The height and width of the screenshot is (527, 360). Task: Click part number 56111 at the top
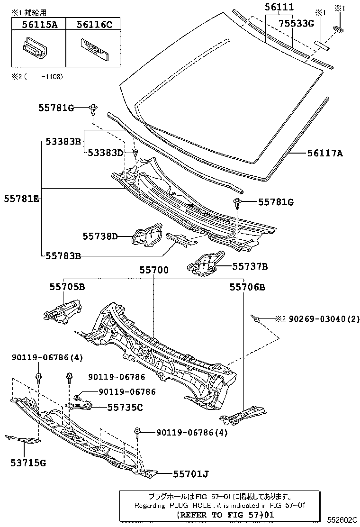(x=279, y=7)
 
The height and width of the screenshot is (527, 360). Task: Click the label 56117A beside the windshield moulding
(x=325, y=153)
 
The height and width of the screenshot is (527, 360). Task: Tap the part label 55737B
(x=250, y=266)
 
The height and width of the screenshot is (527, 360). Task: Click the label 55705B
(x=67, y=286)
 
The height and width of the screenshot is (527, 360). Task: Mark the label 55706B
(x=247, y=286)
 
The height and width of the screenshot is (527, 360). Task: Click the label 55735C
(x=125, y=407)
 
